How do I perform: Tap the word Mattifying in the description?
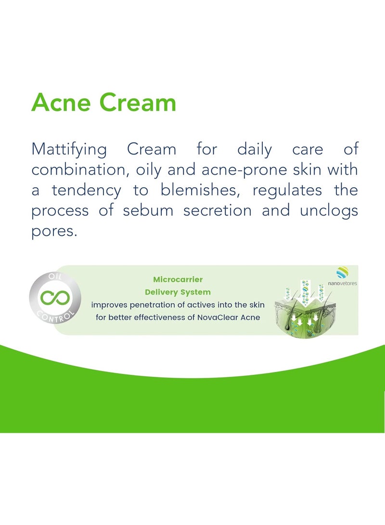point(69,150)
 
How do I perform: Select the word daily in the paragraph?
point(254,149)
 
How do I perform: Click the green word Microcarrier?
point(178,280)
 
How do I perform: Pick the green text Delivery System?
point(178,292)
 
